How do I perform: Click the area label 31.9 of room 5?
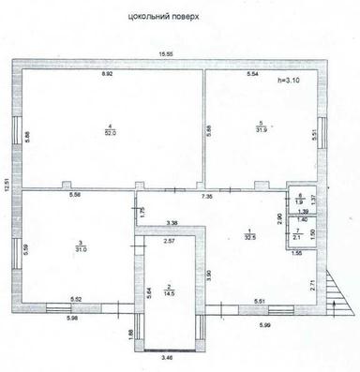[x=257, y=129]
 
